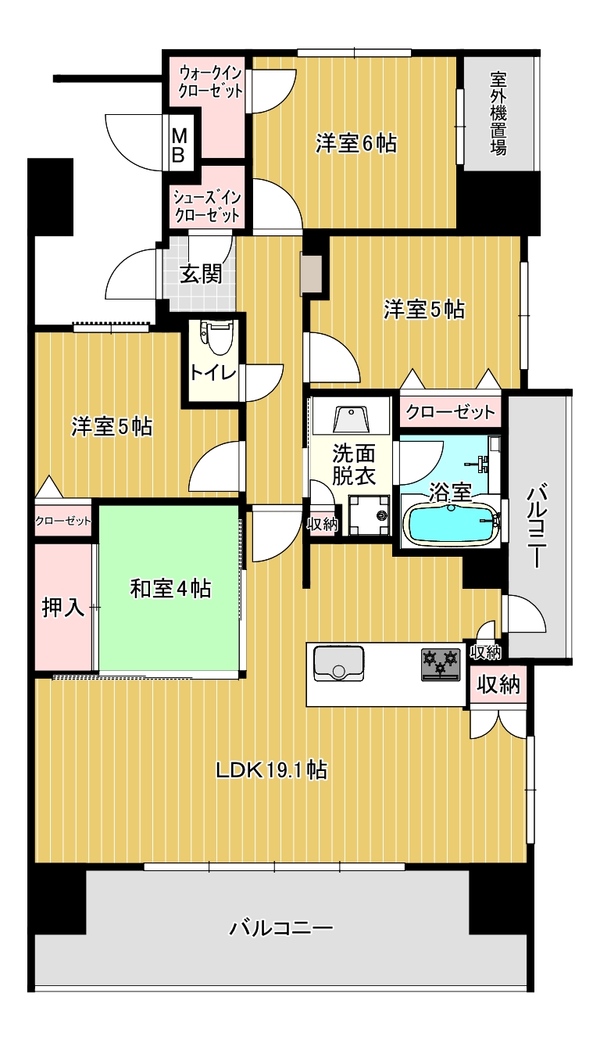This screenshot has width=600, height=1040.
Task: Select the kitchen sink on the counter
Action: [x=339, y=663]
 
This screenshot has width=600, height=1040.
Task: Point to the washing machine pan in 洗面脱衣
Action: [x=370, y=515]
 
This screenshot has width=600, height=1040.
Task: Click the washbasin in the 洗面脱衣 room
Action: [x=352, y=419]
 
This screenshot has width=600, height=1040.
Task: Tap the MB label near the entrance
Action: [x=179, y=145]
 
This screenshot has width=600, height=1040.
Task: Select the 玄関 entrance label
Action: [x=201, y=274]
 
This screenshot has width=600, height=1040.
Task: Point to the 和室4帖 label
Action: [x=171, y=589]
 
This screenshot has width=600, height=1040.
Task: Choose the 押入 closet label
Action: [x=63, y=607]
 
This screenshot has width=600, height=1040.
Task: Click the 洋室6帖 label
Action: [x=356, y=143]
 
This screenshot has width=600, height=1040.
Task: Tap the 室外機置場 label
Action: [x=499, y=113]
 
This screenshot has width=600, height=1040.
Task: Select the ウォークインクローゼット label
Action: [x=211, y=81]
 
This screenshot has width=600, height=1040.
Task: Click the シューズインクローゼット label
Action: [x=207, y=206]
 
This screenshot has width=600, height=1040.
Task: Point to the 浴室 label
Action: [x=450, y=492]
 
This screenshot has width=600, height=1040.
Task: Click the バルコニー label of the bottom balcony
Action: [x=282, y=928]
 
